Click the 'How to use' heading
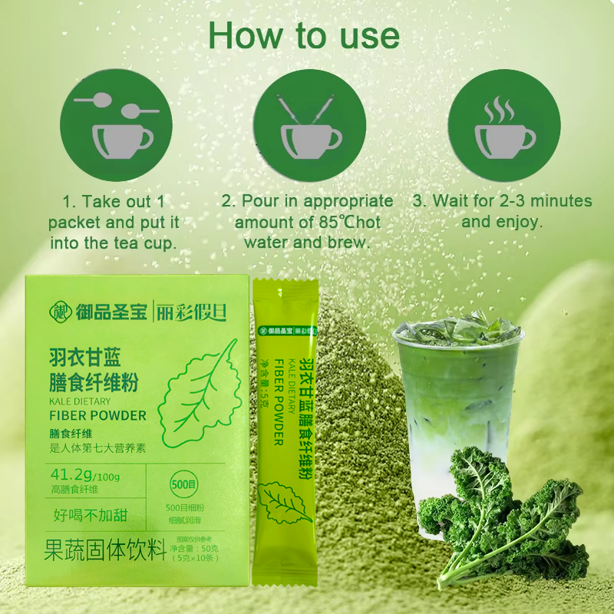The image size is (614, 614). (x=304, y=35)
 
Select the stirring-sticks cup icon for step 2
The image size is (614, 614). (x=306, y=125)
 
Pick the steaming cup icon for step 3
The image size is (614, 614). (x=503, y=125)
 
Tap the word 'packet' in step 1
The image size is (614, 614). (x=76, y=222)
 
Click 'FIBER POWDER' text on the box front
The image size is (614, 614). (x=97, y=416)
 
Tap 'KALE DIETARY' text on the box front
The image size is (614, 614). (x=80, y=401)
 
